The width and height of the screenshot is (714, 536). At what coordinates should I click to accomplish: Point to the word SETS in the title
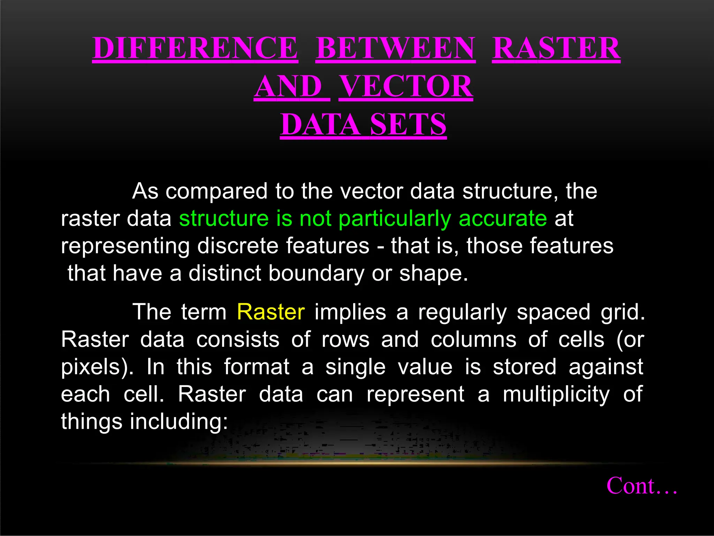click(408, 125)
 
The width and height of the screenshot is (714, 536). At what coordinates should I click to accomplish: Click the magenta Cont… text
click(642, 485)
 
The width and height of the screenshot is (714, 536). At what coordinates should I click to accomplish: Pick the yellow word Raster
click(271, 312)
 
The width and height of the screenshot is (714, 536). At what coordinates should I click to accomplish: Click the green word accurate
click(503, 218)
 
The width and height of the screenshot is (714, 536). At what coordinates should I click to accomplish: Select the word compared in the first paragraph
click(217, 192)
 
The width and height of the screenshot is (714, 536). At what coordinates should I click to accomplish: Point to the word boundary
click(316, 273)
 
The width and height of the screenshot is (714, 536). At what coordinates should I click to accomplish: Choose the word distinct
click(225, 273)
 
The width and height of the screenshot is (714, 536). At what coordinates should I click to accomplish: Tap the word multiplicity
click(556, 394)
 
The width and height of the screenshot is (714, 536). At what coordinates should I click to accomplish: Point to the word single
click(356, 367)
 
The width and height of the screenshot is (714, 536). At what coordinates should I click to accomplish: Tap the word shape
click(433, 273)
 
